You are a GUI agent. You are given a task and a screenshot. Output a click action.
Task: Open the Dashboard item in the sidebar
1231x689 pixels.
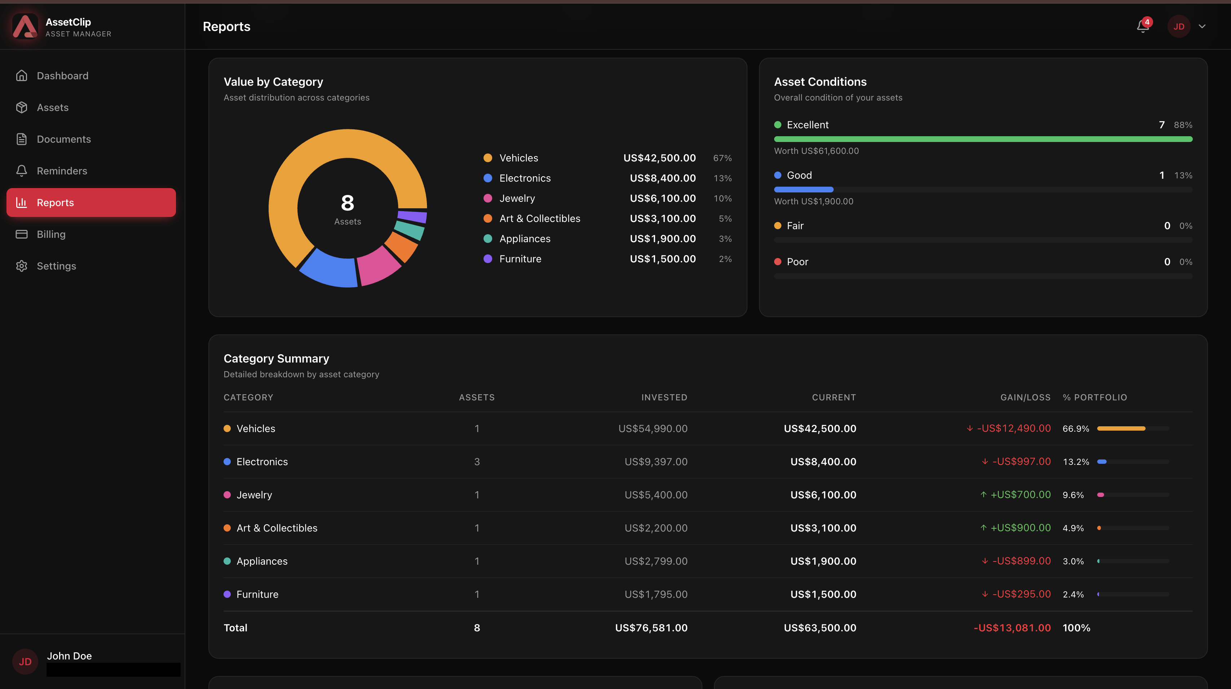[62, 76]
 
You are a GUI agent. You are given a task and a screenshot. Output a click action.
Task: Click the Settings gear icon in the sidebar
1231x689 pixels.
[22, 266]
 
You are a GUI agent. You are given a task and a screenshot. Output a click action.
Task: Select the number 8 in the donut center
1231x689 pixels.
[348, 203]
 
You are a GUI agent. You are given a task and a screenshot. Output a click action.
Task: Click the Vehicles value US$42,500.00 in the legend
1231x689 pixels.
[659, 158]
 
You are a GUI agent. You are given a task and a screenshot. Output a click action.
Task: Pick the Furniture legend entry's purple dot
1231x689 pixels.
[488, 259]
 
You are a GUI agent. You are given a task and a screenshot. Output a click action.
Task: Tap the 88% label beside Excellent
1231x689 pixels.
[1183, 125]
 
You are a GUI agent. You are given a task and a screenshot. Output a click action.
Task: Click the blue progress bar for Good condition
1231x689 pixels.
[803, 190]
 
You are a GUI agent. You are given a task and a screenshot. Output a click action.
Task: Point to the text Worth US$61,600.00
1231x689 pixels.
[816, 151]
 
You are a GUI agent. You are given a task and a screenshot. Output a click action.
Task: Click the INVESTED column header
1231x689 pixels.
[664, 397]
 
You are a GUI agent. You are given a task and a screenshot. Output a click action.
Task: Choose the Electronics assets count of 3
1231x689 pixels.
[477, 462]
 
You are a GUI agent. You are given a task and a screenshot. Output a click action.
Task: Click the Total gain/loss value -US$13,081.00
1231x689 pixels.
[1012, 628]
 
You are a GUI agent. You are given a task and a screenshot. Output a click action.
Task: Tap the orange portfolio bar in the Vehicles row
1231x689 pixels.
[1121, 428]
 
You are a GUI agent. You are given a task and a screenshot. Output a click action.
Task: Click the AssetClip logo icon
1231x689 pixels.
[25, 26]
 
